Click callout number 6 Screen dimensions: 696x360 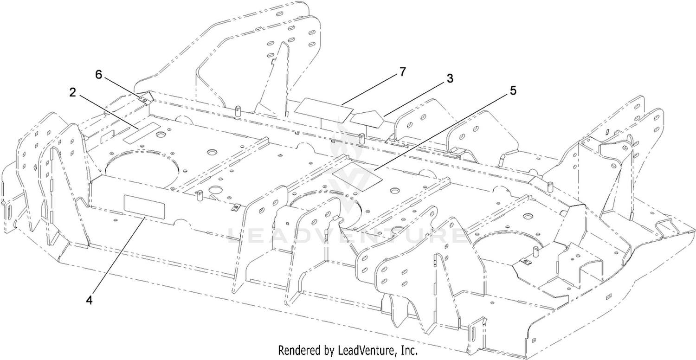click(x=98, y=75)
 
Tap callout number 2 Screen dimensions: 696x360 click(x=72, y=92)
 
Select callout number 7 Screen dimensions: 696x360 click(x=403, y=72)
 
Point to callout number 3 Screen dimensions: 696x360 click(x=450, y=78)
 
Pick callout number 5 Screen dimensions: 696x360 click(x=513, y=91)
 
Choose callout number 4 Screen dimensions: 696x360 click(x=90, y=300)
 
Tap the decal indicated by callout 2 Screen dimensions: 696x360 click(x=142, y=133)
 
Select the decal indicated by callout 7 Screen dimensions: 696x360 click(x=324, y=110)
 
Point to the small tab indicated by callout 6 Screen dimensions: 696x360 click(x=143, y=99)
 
